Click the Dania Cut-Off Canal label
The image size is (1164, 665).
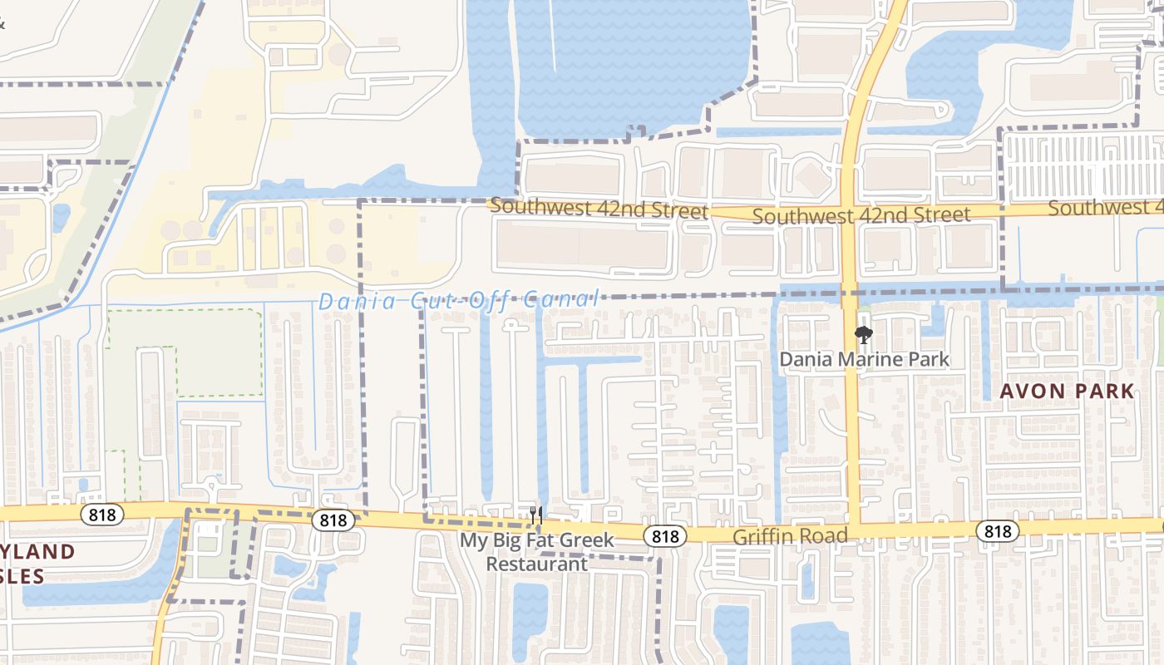tap(458, 300)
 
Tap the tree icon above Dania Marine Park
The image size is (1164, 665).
tap(864, 336)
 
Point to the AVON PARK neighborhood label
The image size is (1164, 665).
tap(1068, 391)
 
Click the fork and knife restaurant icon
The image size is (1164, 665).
tap(536, 515)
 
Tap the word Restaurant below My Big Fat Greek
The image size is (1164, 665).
tap(536, 564)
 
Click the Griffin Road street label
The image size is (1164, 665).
tap(790, 536)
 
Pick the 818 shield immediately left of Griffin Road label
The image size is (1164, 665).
tap(665, 536)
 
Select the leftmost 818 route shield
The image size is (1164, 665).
tap(102, 515)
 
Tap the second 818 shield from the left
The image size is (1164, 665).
tap(333, 520)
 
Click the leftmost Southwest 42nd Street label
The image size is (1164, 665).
tap(599, 208)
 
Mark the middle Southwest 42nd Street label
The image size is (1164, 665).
tap(861, 215)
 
